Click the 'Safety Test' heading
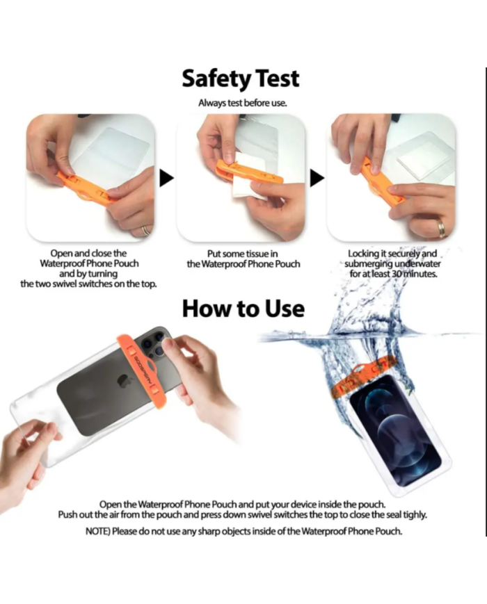241,79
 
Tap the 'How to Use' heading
243,309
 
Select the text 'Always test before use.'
243,104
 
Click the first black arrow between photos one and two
166,179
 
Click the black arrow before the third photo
317,179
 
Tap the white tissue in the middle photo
248,177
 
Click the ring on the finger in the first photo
146,230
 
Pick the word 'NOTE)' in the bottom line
97,531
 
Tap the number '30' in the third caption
397,274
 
